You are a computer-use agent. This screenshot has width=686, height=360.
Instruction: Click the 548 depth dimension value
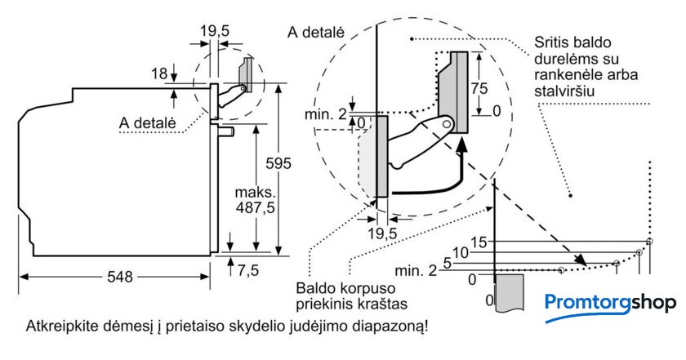click(118, 277)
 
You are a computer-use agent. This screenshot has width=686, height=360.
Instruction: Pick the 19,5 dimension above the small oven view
click(215, 31)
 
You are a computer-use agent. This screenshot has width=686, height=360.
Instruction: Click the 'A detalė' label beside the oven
click(147, 122)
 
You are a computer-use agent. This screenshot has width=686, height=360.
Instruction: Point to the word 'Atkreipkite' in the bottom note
click(62, 327)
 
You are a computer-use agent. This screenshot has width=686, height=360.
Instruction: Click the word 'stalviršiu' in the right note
click(563, 91)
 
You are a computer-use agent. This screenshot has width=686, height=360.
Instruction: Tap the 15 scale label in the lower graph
click(479, 241)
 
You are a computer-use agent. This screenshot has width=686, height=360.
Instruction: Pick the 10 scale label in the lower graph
click(461, 252)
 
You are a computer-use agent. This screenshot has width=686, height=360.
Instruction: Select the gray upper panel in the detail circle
click(455, 92)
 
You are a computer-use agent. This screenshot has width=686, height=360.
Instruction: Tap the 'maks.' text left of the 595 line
click(253, 193)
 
